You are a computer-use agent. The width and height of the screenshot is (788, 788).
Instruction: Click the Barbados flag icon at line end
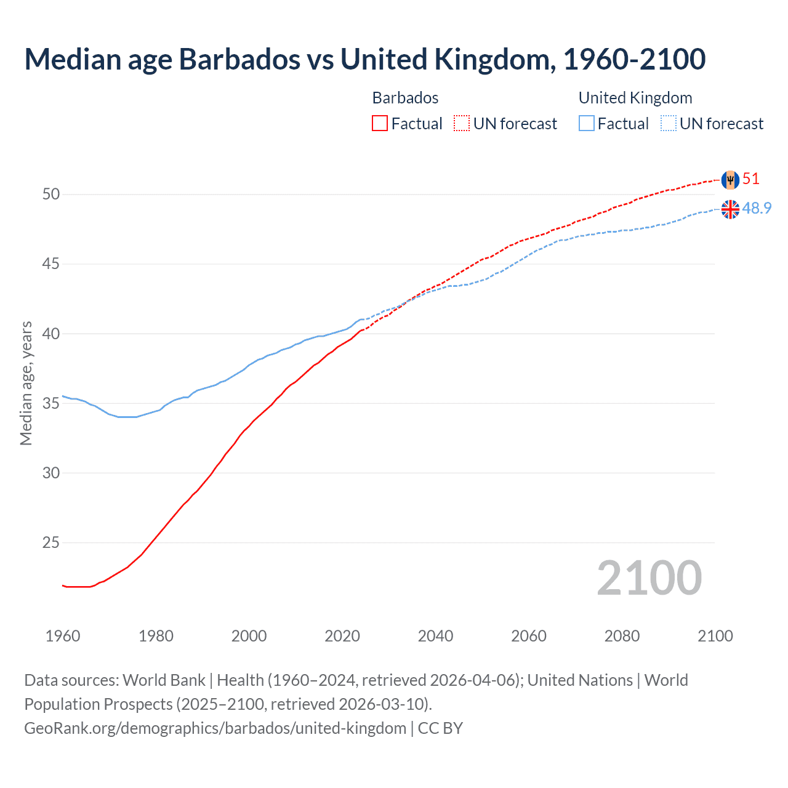[x=730, y=180]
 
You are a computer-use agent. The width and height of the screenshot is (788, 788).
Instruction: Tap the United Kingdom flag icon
[x=730, y=209]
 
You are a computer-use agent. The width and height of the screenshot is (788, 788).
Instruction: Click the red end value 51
[x=751, y=179]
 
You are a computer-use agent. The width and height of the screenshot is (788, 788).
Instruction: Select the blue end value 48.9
[x=757, y=209]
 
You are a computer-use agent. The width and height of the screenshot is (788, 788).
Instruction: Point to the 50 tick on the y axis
[x=51, y=195]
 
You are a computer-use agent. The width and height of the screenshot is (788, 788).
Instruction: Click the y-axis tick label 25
[x=51, y=543]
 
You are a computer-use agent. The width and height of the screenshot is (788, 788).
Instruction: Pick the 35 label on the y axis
[x=51, y=404]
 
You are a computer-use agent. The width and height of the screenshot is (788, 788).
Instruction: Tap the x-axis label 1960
[x=63, y=636]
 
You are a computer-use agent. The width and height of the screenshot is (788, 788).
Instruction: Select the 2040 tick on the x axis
[x=435, y=636]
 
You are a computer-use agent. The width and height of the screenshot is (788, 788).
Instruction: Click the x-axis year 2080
[x=622, y=636]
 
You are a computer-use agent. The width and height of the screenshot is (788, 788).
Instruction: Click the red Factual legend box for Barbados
[x=380, y=124]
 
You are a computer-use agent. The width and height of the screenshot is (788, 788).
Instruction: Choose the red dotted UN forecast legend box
[x=462, y=124]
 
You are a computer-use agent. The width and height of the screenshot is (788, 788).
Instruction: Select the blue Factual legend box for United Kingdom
[x=586, y=124]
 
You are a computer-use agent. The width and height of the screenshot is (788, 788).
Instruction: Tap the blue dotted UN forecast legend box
[x=668, y=124]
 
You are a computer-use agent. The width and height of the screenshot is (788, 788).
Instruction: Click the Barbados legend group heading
[x=405, y=98]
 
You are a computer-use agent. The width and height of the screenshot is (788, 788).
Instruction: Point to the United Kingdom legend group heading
[x=635, y=98]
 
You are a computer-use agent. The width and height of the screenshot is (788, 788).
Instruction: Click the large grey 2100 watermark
[x=649, y=578]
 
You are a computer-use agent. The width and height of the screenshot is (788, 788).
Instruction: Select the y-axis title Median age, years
[x=26, y=383]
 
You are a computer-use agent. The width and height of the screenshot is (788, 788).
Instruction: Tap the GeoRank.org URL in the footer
[x=215, y=728]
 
